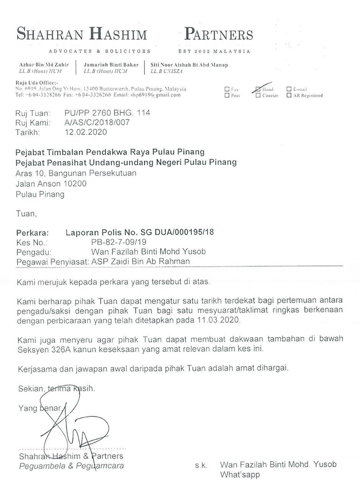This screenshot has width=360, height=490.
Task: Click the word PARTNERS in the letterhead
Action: (218, 35)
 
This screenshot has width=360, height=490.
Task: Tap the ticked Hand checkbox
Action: (258, 89)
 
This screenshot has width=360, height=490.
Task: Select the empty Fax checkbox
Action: (227, 89)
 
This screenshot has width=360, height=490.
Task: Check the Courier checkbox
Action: (258, 95)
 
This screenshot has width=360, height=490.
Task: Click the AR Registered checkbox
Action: (289, 95)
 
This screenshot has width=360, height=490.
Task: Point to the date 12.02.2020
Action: (86, 132)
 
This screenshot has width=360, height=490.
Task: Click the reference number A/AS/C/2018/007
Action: (97, 122)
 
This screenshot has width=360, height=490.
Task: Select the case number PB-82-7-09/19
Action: (119, 242)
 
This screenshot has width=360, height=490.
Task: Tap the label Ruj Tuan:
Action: (33, 113)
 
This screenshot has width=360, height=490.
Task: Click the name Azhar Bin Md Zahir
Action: (44, 65)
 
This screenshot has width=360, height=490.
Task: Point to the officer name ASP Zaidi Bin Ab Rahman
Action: (141, 261)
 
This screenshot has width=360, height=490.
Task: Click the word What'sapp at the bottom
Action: (240, 475)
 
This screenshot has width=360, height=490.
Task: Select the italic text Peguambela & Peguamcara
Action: (72, 466)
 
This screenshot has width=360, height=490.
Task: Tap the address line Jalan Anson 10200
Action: (51, 184)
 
